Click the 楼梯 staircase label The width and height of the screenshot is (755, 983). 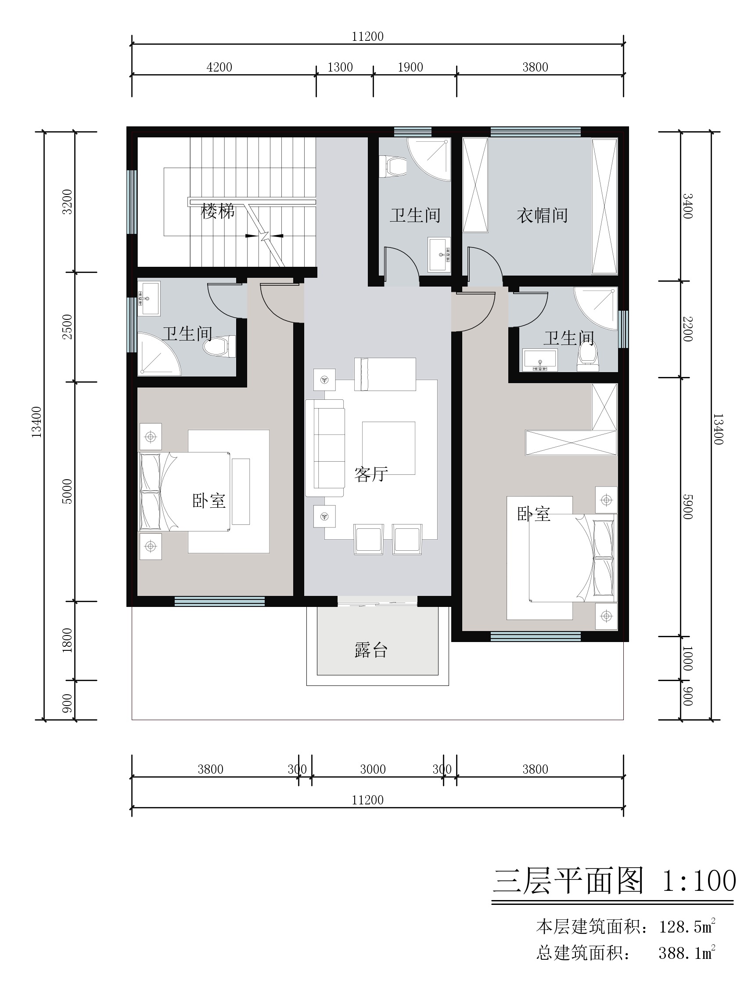(x=218, y=211)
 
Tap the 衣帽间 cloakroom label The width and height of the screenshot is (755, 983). (x=542, y=215)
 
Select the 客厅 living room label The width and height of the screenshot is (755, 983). (x=371, y=474)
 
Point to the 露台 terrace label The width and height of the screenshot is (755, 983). (x=371, y=650)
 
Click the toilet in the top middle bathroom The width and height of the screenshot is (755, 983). (x=393, y=166)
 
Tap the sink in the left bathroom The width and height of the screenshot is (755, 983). (x=149, y=298)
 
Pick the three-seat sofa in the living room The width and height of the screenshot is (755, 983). (x=325, y=448)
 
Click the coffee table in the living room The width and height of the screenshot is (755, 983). (x=389, y=448)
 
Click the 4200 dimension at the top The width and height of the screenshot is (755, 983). (x=219, y=68)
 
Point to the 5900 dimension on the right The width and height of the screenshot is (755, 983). (x=687, y=507)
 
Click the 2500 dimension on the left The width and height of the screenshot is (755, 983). (x=67, y=326)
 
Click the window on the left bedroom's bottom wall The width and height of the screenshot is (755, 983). (x=219, y=602)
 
